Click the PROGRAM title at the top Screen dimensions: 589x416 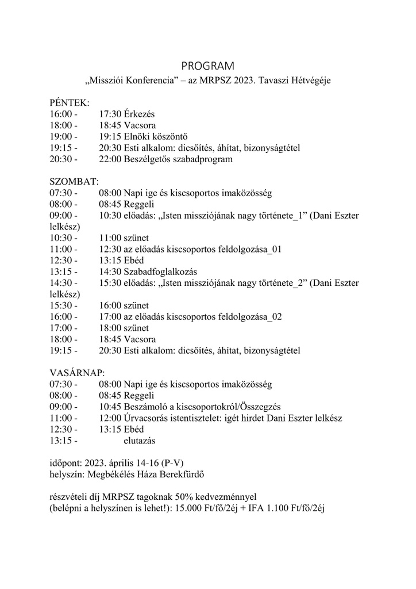point(207,66)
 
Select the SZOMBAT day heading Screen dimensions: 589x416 point(74,181)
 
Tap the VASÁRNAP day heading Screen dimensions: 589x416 point(78,373)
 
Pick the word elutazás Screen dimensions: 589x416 point(140,441)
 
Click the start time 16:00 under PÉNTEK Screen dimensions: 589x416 point(61,114)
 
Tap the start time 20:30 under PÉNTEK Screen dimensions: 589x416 point(61,159)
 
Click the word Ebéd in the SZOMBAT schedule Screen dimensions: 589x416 point(134,260)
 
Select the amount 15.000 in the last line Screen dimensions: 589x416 point(191,508)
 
